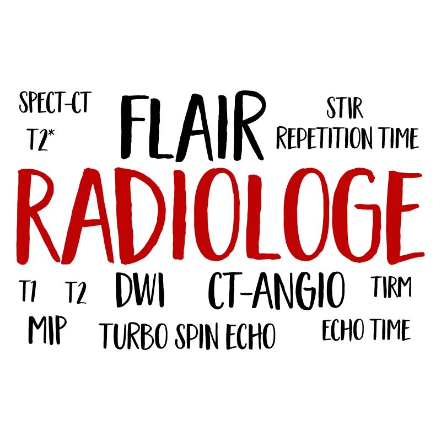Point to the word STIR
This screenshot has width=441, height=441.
[x=345, y=108]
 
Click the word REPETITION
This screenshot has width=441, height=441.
[x=324, y=138]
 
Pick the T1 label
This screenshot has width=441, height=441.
[x=28, y=291]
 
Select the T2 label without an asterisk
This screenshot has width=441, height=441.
[x=76, y=293]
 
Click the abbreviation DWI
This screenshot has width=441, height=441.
[x=140, y=291]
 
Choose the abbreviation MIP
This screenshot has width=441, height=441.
[x=47, y=330]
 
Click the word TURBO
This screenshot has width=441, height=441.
[x=135, y=336]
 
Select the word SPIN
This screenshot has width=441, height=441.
[x=197, y=336]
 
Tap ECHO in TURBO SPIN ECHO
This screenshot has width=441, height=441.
[x=250, y=336]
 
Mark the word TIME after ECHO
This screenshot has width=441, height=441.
[x=390, y=330]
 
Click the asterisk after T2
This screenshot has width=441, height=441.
[x=51, y=133]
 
